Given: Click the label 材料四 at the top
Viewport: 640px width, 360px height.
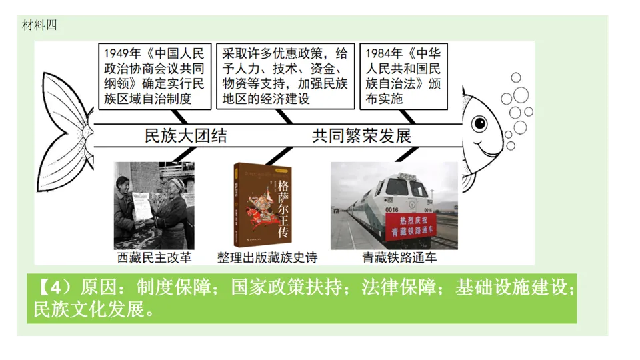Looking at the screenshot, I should pyautogui.click(x=40, y=25).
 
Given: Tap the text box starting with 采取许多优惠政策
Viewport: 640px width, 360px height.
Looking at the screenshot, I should pyautogui.click(x=285, y=75).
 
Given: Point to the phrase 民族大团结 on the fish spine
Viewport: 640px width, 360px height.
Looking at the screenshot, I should pyautogui.click(x=186, y=136).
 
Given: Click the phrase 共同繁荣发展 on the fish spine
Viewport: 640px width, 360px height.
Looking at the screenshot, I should pyautogui.click(x=362, y=136).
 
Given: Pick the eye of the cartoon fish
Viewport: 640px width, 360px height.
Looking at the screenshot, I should pyautogui.click(x=479, y=122).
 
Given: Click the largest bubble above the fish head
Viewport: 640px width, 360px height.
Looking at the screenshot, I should pyautogui.click(x=521, y=95).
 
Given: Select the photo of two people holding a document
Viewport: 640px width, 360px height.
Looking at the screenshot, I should pyautogui.click(x=153, y=205).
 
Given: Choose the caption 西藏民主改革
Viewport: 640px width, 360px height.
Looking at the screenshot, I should pyautogui.click(x=153, y=257).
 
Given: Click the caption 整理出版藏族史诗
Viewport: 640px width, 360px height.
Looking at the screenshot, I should pyautogui.click(x=267, y=257).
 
